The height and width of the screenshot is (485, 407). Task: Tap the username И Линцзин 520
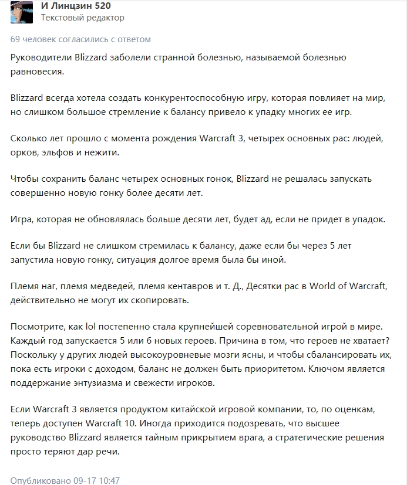[x=76, y=6]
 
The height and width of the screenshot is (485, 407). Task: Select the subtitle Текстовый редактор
[x=83, y=18]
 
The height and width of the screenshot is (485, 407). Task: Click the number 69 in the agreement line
[x=16, y=39]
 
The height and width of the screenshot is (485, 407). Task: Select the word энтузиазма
[x=96, y=383]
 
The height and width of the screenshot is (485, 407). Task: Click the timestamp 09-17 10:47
[x=96, y=480]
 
